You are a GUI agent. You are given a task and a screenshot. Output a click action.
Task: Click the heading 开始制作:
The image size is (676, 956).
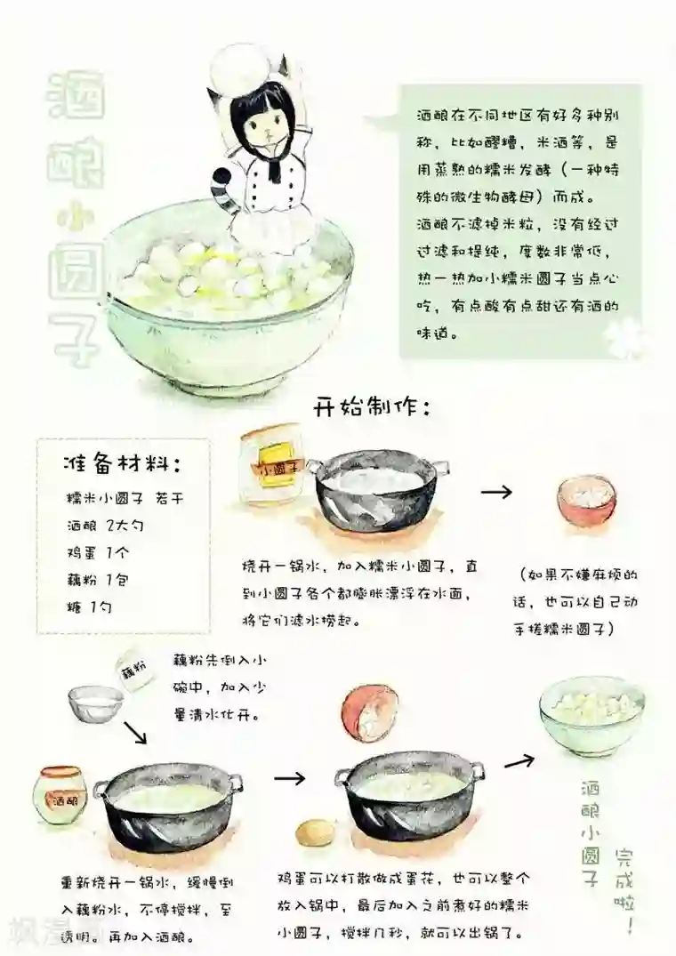pyautogui.click(x=372, y=408)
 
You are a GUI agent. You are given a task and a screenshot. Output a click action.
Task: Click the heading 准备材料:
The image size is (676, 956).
pyautogui.click(x=124, y=463)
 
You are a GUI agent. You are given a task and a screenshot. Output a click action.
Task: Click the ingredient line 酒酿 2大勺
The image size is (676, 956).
pyautogui.click(x=105, y=525)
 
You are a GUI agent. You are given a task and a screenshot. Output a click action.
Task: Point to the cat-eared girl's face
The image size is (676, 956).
pyautogui.click(x=258, y=130)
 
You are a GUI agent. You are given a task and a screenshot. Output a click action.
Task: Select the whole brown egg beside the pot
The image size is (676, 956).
pyautogui.click(x=313, y=834)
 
